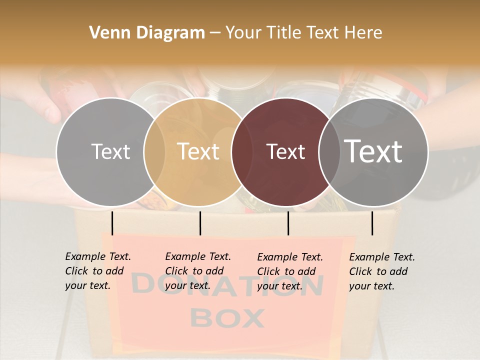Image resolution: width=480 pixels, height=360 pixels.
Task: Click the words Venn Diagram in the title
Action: point(147,33)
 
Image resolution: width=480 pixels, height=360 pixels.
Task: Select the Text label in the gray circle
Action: point(110,152)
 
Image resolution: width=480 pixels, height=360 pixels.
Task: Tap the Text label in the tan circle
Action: point(198,151)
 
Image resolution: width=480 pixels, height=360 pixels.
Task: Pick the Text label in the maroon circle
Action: point(285,152)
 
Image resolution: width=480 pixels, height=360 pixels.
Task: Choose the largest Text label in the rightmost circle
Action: point(373,151)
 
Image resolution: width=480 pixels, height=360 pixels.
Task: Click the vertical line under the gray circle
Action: point(112,223)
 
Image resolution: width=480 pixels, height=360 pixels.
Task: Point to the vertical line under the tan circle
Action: point(200,223)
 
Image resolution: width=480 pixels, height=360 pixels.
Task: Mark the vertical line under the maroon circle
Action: point(288,223)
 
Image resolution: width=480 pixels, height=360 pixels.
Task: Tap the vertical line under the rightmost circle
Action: point(372,223)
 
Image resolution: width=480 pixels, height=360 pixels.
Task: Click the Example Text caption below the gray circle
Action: point(98,271)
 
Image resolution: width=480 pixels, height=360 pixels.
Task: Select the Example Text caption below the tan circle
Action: point(198,271)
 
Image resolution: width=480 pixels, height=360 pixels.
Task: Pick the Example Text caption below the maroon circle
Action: point(290,271)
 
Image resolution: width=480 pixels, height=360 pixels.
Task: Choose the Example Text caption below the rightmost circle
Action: point(382,271)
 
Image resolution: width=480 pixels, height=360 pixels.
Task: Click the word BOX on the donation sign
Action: point(227,318)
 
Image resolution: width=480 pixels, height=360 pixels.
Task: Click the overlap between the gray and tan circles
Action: point(154,152)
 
